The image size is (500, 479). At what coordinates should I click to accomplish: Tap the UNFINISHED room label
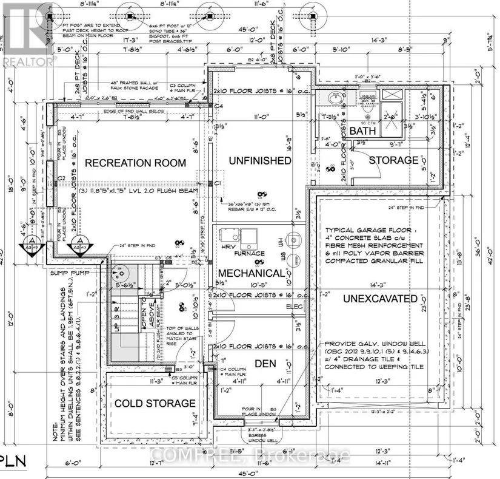point(259,160)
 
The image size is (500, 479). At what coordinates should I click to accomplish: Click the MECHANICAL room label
point(252,273)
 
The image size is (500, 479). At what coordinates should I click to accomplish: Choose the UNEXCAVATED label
point(380,299)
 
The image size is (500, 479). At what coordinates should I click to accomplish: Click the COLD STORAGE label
point(155,403)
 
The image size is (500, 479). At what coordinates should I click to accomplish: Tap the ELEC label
point(295,307)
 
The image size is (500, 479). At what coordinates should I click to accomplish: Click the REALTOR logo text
point(28,61)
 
